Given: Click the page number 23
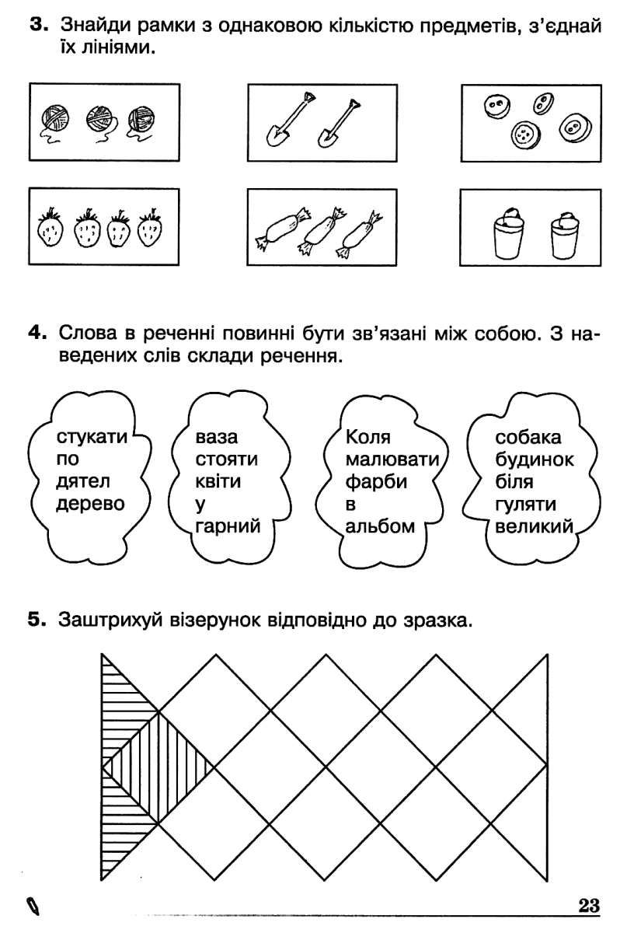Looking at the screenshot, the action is pyautogui.click(x=589, y=907).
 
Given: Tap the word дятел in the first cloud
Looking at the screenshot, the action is pyautogui.click(x=83, y=481).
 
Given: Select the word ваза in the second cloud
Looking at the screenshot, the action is pyautogui.click(x=216, y=438).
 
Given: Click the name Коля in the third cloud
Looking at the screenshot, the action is pyautogui.click(x=367, y=437).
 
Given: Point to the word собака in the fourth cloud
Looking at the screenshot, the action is pyautogui.click(x=528, y=437).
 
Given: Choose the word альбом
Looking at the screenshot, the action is pyautogui.click(x=380, y=526).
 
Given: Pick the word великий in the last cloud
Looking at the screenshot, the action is pyautogui.click(x=535, y=526).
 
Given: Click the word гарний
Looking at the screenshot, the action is pyautogui.click(x=228, y=527).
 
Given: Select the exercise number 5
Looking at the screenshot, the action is pyautogui.click(x=37, y=620).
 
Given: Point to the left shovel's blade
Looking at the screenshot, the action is pyautogui.click(x=277, y=136).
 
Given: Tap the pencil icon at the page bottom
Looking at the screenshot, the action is pyautogui.click(x=33, y=907).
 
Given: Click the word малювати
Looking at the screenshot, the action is pyautogui.click(x=392, y=460).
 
